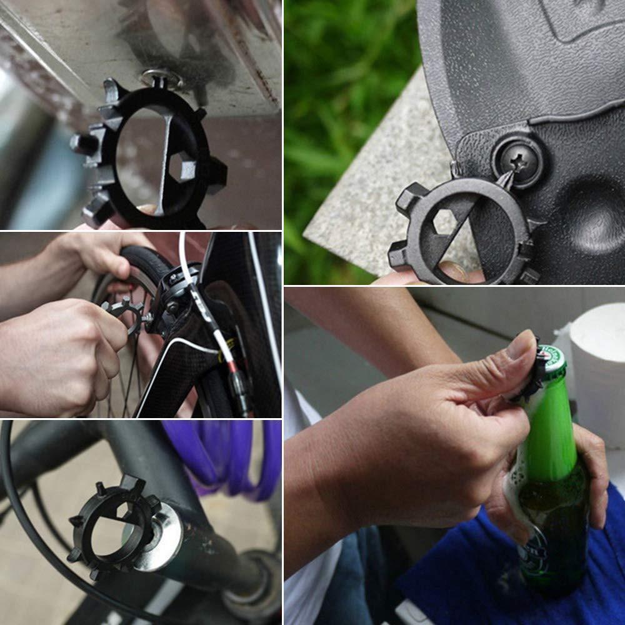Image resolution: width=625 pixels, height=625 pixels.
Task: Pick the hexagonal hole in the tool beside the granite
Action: (x=444, y=222)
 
